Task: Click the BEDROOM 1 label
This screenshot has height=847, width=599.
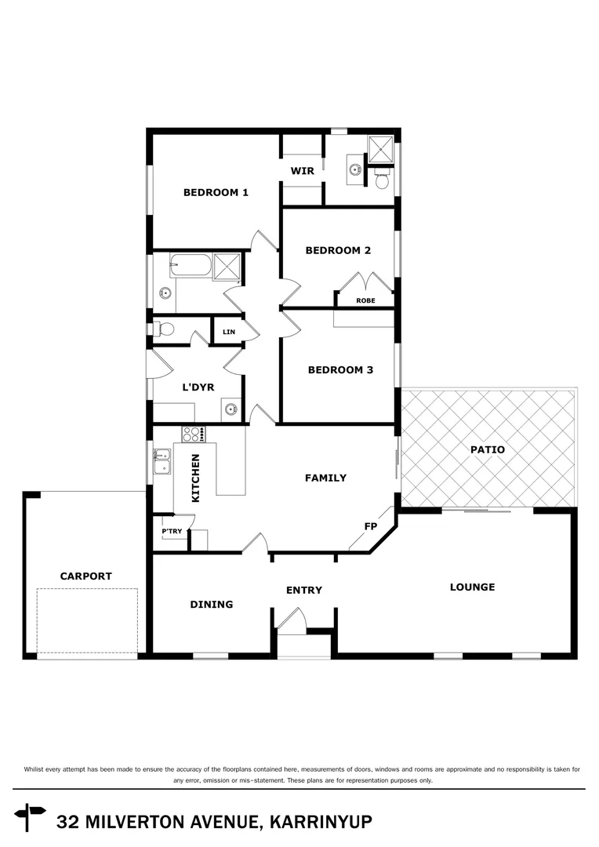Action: point(216,192)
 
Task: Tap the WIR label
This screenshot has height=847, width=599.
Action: point(302,171)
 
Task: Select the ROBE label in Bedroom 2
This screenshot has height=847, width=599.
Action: point(365,300)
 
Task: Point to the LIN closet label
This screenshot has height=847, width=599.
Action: point(229,333)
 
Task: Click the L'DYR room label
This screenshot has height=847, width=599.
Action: point(198,387)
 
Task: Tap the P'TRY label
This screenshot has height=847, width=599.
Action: point(172,531)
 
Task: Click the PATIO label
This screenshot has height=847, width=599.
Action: point(488,450)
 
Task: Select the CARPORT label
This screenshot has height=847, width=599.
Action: point(86,576)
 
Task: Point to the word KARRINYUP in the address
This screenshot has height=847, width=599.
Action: point(321,822)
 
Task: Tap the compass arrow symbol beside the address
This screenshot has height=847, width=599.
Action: point(31,816)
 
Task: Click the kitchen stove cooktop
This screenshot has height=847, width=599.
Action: point(192,432)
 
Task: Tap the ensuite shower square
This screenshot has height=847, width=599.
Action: point(381,147)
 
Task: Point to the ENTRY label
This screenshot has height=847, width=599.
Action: point(304,591)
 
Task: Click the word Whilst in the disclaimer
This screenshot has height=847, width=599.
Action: point(38,770)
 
